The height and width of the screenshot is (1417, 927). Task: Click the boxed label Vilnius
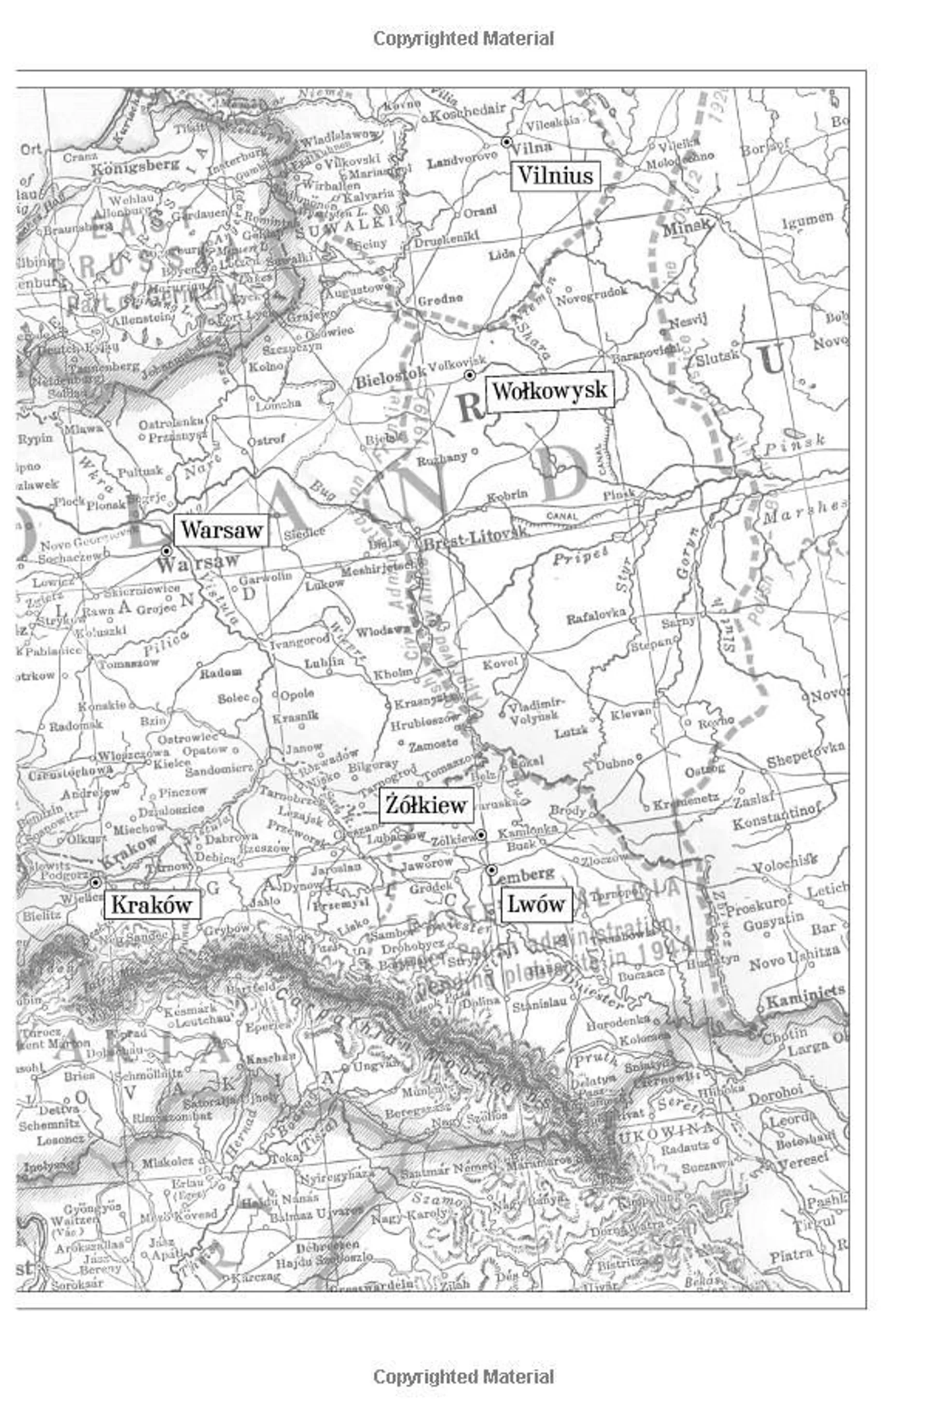coord(555,176)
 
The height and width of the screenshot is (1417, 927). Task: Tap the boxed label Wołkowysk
coord(549,391)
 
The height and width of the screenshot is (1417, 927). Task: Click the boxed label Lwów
coord(536,905)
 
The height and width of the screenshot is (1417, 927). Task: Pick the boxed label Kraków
coord(151,905)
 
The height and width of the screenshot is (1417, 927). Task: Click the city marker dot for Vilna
coord(506,142)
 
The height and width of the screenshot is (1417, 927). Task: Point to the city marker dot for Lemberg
coord(491,870)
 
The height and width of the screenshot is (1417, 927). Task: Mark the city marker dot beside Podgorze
coord(95,882)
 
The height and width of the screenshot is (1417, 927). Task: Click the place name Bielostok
coord(390,377)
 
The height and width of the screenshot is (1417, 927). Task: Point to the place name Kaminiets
coord(805,995)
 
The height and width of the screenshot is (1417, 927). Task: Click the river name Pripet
coord(580,557)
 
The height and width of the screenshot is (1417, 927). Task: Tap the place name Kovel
coord(500,663)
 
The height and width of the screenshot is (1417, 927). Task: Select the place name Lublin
coord(324,662)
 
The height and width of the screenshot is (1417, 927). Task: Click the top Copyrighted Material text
coord(463,39)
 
